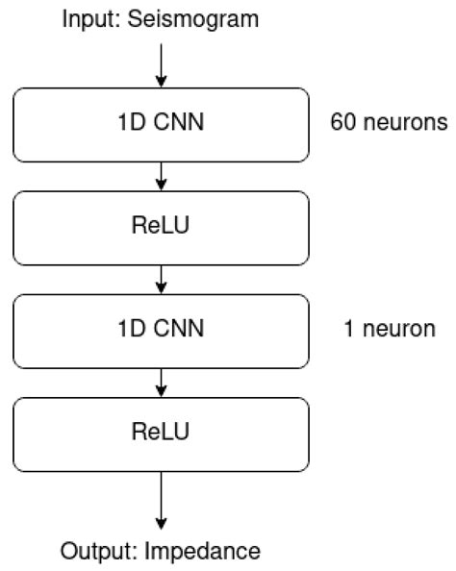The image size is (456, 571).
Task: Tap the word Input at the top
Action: coord(87,17)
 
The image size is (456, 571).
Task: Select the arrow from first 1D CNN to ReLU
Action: coord(161,174)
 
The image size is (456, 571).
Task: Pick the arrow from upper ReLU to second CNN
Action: coord(161,278)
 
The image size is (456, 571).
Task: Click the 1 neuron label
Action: coord(389,329)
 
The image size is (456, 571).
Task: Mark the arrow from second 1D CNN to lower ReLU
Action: coord(161,381)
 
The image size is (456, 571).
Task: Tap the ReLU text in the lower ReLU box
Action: coord(161,432)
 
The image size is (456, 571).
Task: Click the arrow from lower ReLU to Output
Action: coord(161,500)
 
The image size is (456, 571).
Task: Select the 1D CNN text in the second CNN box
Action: coord(161,329)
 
